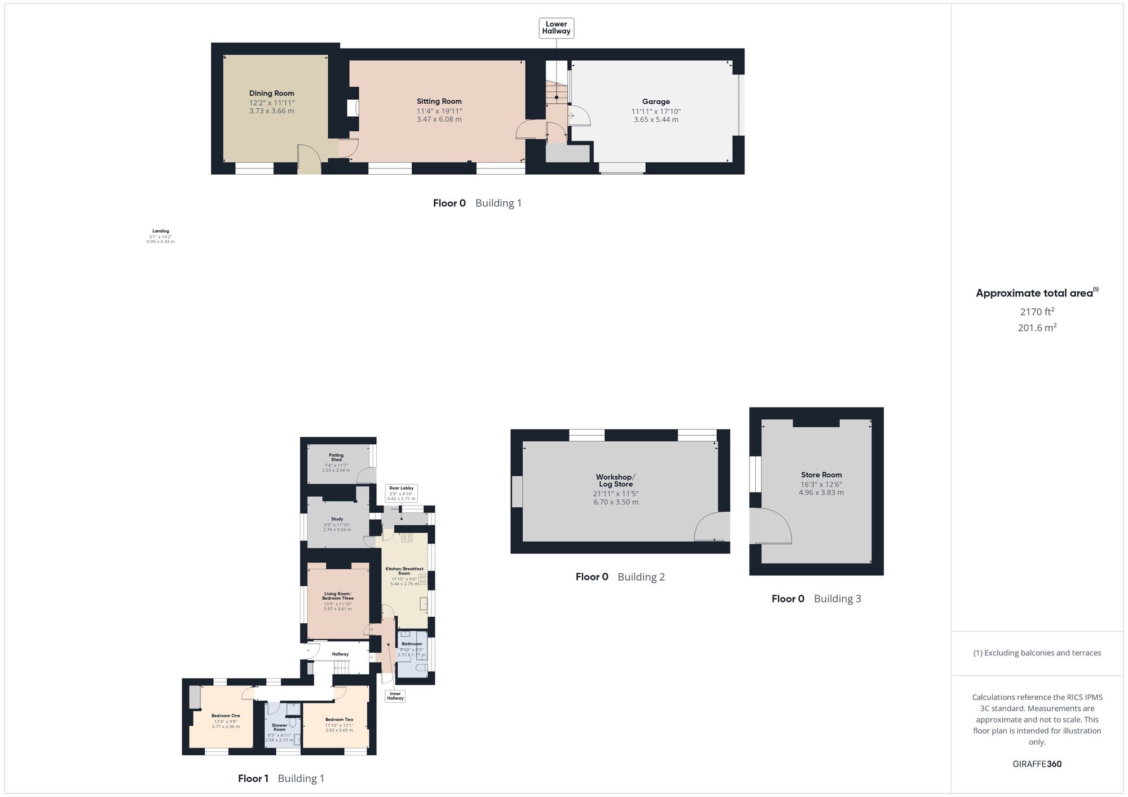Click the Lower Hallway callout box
556,28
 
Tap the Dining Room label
272,94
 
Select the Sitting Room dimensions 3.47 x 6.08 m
439,119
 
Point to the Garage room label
656,102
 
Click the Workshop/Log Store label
615,481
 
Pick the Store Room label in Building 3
821,475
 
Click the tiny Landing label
161,231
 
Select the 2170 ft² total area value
1037,312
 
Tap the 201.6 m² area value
1037,327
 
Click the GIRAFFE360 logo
1037,764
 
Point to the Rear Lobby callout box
402,493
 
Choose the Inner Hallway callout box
395,696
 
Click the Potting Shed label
336,457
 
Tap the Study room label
337,519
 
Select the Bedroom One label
226,716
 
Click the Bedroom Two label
339,719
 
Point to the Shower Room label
279,727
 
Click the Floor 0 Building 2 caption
620,577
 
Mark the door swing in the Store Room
773,526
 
